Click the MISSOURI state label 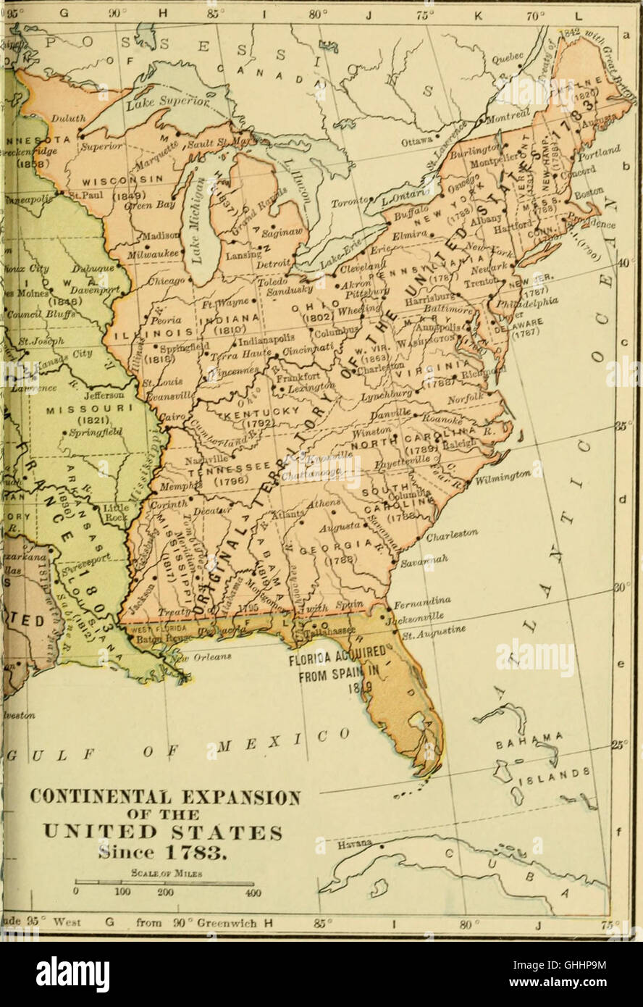(x=77, y=409)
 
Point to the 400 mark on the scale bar (x=253, y=892)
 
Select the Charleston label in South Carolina (x=452, y=536)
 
